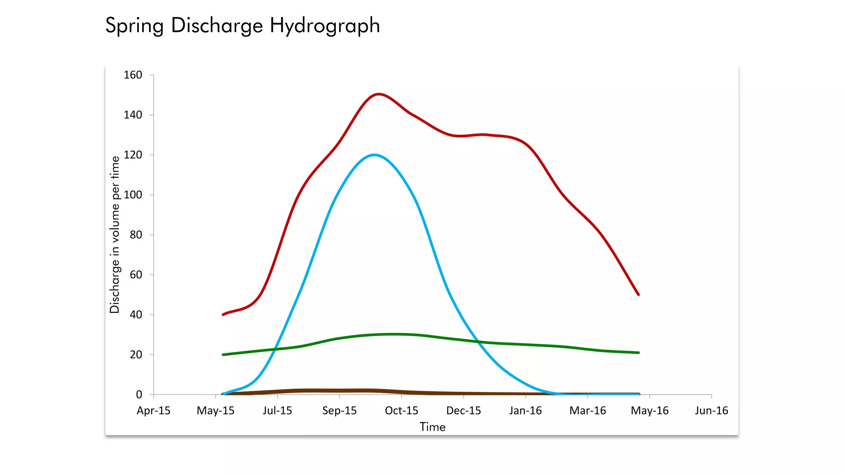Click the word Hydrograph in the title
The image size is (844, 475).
click(x=325, y=26)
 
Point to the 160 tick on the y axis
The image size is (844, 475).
click(x=133, y=75)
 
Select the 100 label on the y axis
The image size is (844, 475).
click(x=133, y=195)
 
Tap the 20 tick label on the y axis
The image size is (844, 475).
click(x=136, y=355)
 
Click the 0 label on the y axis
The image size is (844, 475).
click(x=139, y=395)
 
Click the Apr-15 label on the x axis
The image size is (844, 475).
click(x=153, y=411)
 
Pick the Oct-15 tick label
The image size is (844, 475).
click(x=401, y=411)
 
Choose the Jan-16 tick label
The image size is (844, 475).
click(x=525, y=411)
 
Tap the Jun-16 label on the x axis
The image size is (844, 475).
click(x=711, y=411)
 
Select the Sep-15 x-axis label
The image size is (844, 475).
click(x=339, y=411)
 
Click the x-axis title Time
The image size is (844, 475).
click(x=432, y=427)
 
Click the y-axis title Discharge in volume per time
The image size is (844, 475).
click(x=115, y=234)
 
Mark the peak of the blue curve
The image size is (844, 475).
click(x=374, y=155)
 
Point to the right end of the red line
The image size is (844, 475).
click(x=638, y=295)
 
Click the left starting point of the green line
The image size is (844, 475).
click(x=223, y=355)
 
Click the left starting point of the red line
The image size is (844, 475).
click(x=223, y=315)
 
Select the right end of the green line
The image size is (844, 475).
click(x=638, y=353)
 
